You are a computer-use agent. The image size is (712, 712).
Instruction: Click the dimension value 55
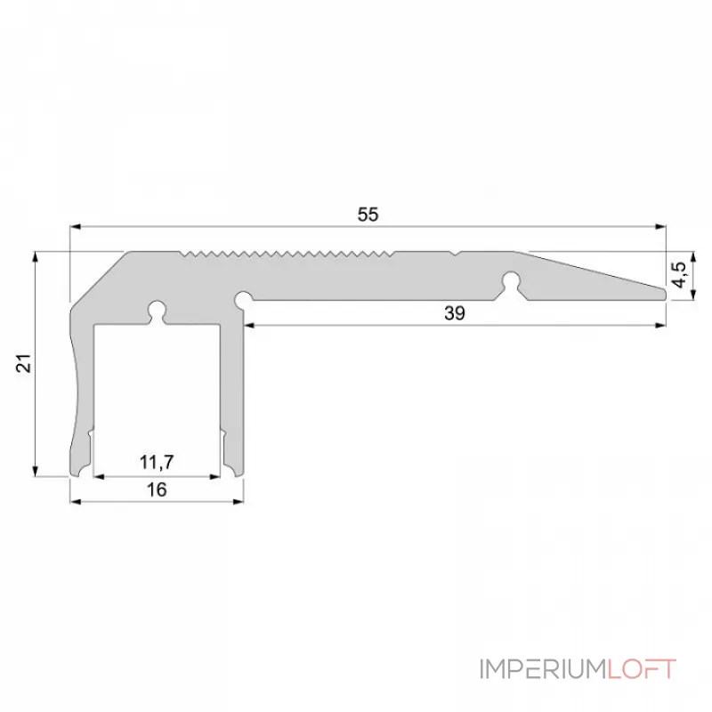point(368,214)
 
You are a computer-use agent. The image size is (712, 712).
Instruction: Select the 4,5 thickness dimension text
point(679,272)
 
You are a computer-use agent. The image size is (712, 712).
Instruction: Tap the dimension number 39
point(455,313)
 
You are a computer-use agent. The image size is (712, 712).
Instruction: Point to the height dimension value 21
point(24,363)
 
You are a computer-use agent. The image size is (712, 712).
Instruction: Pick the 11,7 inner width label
point(157,461)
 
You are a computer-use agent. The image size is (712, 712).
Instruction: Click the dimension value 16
point(157,489)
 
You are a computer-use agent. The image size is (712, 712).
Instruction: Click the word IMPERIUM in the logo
point(542,668)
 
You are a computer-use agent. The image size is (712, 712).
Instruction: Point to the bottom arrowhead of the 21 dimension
point(36,471)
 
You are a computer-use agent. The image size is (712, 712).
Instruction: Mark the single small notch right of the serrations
point(456,255)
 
